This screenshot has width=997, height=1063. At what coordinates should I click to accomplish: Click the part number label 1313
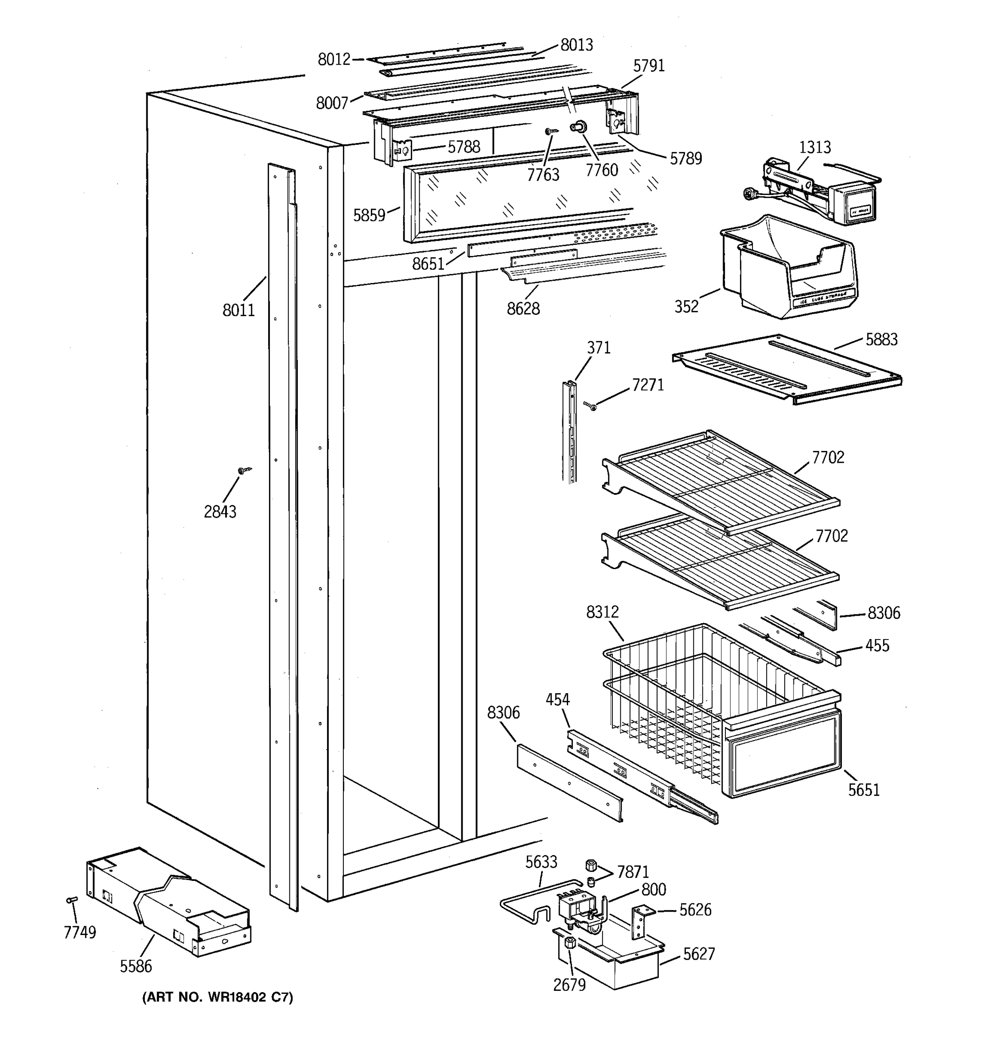[814, 147]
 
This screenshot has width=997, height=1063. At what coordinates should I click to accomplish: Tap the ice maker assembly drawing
[818, 193]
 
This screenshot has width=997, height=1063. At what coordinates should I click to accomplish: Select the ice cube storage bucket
[789, 268]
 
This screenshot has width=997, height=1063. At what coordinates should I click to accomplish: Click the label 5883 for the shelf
[881, 340]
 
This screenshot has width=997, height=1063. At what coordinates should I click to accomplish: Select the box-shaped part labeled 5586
[168, 904]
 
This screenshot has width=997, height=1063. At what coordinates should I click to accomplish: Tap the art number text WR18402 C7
[217, 997]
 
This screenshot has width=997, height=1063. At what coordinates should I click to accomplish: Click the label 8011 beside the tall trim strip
[238, 310]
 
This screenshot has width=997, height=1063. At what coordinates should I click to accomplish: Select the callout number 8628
[523, 309]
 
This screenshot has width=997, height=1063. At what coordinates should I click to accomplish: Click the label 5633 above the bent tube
[541, 862]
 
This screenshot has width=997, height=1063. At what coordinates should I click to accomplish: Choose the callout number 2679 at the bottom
[569, 985]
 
